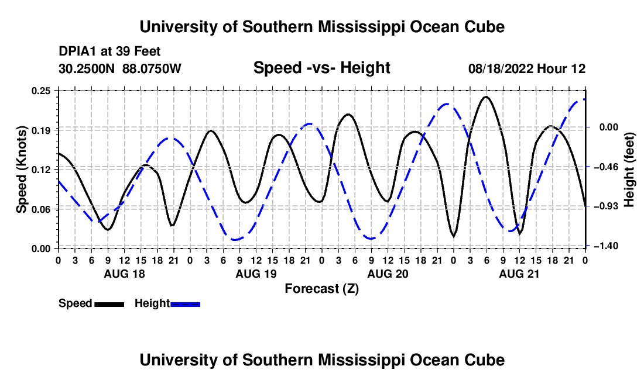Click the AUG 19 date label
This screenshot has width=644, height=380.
point(256,274)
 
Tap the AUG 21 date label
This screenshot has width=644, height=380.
point(519,274)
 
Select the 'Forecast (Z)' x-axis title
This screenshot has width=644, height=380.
point(321,289)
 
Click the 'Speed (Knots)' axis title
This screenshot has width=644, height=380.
point(21,170)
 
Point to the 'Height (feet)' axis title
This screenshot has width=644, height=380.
point(629,170)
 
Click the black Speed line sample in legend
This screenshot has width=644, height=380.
point(109,304)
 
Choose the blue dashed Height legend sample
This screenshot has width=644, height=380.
point(185,304)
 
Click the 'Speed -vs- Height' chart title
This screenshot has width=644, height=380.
point(321,68)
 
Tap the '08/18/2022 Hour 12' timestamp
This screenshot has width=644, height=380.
point(527,68)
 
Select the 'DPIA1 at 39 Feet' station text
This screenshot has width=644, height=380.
point(109,51)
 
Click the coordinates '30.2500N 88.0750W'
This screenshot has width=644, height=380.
point(119,68)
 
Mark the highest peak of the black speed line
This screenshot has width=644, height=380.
point(486,96)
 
